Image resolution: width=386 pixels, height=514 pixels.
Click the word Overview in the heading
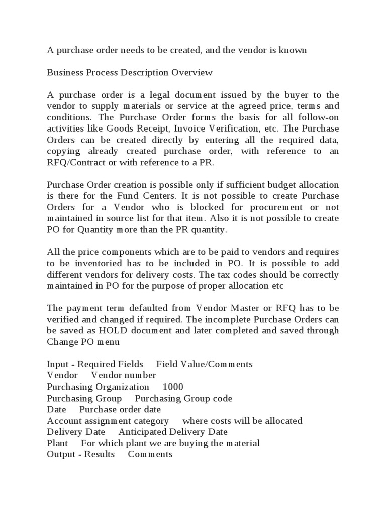[192, 73]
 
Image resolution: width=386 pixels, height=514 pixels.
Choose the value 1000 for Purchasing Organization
[173, 387]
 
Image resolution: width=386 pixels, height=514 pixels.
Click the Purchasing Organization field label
[98, 387]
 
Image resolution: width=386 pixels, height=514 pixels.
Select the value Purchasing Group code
[183, 398]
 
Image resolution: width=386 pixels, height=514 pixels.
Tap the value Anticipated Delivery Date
[173, 432]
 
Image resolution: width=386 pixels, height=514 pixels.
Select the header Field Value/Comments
[204, 364]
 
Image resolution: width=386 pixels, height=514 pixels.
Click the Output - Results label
[80, 454]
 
